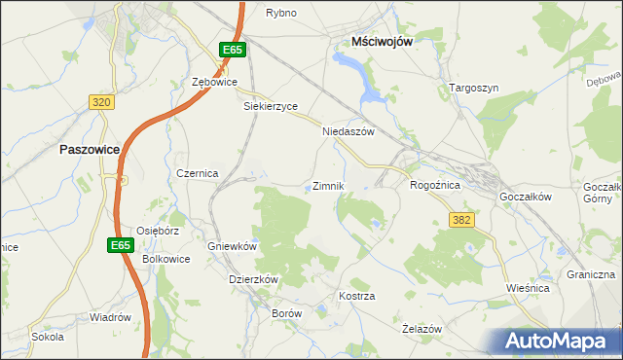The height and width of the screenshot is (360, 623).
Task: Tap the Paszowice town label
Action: pyautogui.click(x=89, y=150)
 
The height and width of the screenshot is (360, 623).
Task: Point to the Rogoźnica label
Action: pyautogui.click(x=435, y=184)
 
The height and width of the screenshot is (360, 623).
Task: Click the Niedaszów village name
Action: pyautogui.click(x=348, y=131)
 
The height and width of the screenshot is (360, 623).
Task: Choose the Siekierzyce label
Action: pyautogui.click(x=270, y=106)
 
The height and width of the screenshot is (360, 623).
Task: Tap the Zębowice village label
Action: pyautogui.click(x=215, y=83)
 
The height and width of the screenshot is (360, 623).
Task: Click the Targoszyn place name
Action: pyautogui.click(x=474, y=88)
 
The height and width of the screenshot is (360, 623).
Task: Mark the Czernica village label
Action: pyautogui.click(x=197, y=172)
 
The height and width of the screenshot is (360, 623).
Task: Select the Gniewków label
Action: pyautogui.click(x=232, y=246)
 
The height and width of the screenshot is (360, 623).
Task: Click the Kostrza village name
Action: pyautogui.click(x=356, y=295)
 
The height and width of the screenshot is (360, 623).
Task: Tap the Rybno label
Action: pyautogui.click(x=281, y=13)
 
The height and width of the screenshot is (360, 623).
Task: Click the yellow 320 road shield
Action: pyautogui.click(x=100, y=101)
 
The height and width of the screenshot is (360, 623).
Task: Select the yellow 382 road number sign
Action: pyautogui.click(x=461, y=220)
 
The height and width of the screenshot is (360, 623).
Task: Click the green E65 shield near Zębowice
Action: pyautogui.click(x=231, y=50)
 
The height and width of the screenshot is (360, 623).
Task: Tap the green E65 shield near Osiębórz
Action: pyautogui.click(x=120, y=245)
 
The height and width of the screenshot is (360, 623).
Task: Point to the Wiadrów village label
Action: pyautogui.click(x=110, y=317)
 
